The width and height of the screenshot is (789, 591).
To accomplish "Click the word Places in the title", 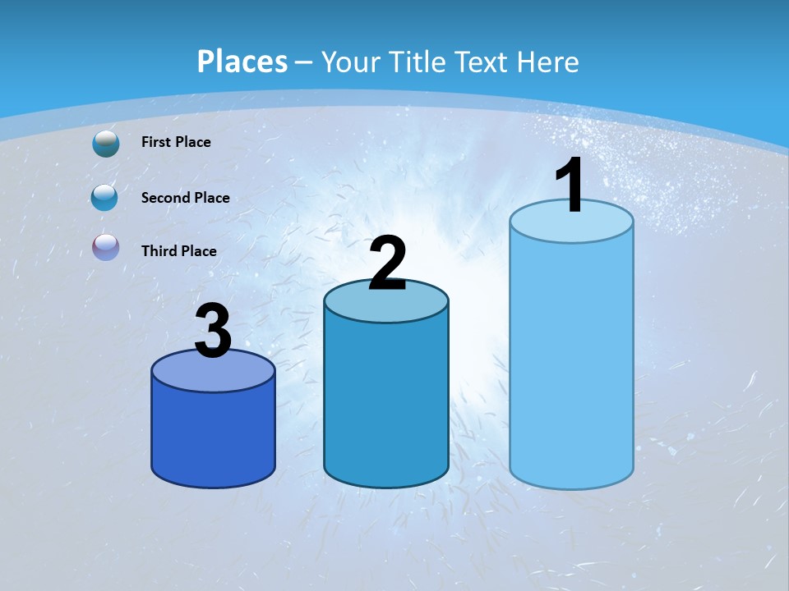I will point(242,62).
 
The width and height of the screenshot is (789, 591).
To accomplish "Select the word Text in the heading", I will point(482,62).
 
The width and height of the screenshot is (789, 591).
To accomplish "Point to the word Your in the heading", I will point(350,62).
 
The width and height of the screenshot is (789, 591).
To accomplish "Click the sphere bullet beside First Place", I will point(106,143).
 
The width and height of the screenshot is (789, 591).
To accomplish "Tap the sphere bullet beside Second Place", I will point(105,198).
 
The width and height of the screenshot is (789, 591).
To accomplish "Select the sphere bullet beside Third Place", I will point(105,247).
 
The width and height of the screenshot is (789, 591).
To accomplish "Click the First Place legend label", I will point(176,142).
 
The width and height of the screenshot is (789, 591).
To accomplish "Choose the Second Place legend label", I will point(185,198).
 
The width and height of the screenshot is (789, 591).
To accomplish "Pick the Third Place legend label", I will point(178,251).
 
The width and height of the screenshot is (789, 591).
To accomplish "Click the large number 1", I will point(570,186).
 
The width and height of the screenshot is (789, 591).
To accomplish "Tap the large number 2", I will point(387,263).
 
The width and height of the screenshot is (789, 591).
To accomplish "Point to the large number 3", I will point(214,331).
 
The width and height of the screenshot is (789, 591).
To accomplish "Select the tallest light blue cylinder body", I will point(571,361).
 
